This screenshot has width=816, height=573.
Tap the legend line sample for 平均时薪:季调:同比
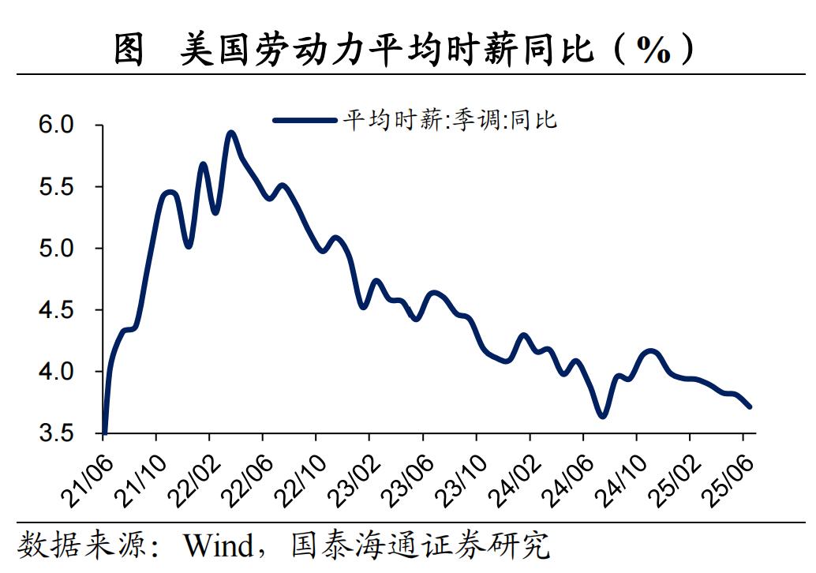pyautogui.click(x=304, y=121)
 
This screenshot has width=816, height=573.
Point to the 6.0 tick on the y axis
pyautogui.click(x=56, y=125)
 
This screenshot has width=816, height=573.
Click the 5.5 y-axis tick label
pyautogui.click(x=56, y=187)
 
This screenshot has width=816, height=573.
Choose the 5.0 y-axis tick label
pyautogui.click(x=56, y=249)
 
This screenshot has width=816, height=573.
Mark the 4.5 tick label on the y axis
pyautogui.click(x=56, y=310)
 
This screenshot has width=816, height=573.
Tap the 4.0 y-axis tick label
pyautogui.click(x=56, y=372)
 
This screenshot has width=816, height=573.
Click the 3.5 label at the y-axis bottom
pyautogui.click(x=56, y=433)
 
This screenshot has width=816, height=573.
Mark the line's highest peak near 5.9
pyautogui.click(x=230, y=133)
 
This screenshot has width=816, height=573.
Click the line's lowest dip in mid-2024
pyautogui.click(x=603, y=415)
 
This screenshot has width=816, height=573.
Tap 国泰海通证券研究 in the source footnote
pyautogui.click(x=418, y=545)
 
